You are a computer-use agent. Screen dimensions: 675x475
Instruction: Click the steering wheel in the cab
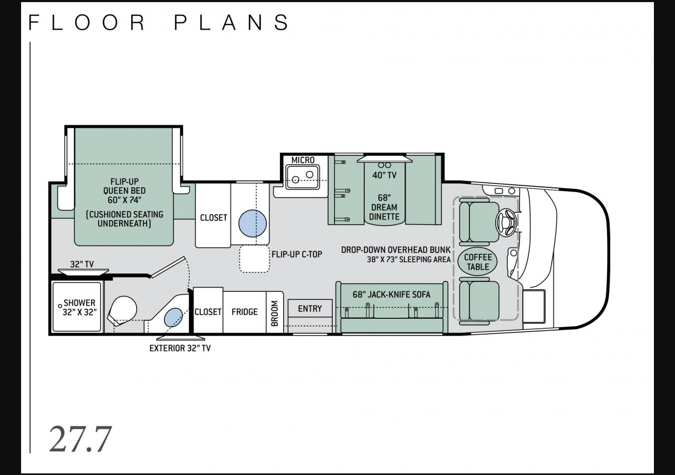tap(507, 222)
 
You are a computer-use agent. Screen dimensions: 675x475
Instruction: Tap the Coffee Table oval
tap(478, 262)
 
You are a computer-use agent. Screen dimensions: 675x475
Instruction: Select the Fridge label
tap(244, 311)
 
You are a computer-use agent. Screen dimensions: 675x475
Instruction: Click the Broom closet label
tap(274, 313)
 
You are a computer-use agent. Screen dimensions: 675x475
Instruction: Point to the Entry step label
tap(310, 309)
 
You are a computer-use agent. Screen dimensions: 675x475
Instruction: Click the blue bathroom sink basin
tap(173, 317)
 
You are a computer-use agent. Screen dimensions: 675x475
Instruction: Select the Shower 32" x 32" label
tap(80, 307)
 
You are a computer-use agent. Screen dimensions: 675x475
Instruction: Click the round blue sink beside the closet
tap(253, 223)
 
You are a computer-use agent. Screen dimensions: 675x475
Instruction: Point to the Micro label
tap(303, 160)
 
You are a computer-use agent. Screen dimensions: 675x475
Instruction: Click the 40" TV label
tap(384, 175)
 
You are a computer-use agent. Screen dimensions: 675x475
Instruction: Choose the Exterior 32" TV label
tap(180, 348)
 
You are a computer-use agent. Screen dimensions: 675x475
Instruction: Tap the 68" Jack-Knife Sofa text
tap(391, 294)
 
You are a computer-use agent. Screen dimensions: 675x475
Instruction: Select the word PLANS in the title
tap(232, 22)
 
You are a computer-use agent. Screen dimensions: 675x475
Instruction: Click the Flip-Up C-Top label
tap(297, 254)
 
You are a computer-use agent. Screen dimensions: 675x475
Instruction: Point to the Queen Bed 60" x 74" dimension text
tap(124, 199)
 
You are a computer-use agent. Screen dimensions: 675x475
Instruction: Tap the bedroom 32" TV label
tap(82, 264)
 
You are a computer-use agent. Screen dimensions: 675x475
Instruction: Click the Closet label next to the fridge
tap(208, 311)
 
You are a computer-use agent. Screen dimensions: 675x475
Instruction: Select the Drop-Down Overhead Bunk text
tap(396, 250)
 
